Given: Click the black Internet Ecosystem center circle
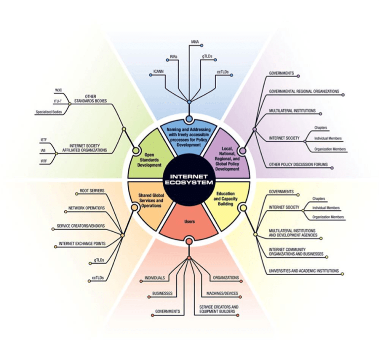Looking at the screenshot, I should [189, 180].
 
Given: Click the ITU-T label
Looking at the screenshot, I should [58, 102].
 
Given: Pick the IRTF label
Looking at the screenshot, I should [43, 161].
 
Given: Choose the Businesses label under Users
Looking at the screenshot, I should [162, 293].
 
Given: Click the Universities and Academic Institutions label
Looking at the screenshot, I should [303, 271].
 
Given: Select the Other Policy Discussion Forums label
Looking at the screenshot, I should [298, 164].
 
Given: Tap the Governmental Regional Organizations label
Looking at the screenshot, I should [303, 91].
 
